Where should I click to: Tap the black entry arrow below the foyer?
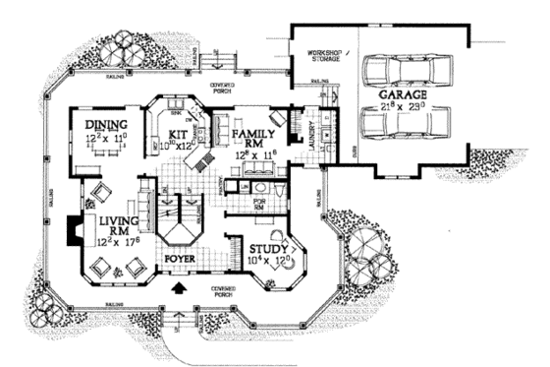pyautogui.click(x=180, y=288)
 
